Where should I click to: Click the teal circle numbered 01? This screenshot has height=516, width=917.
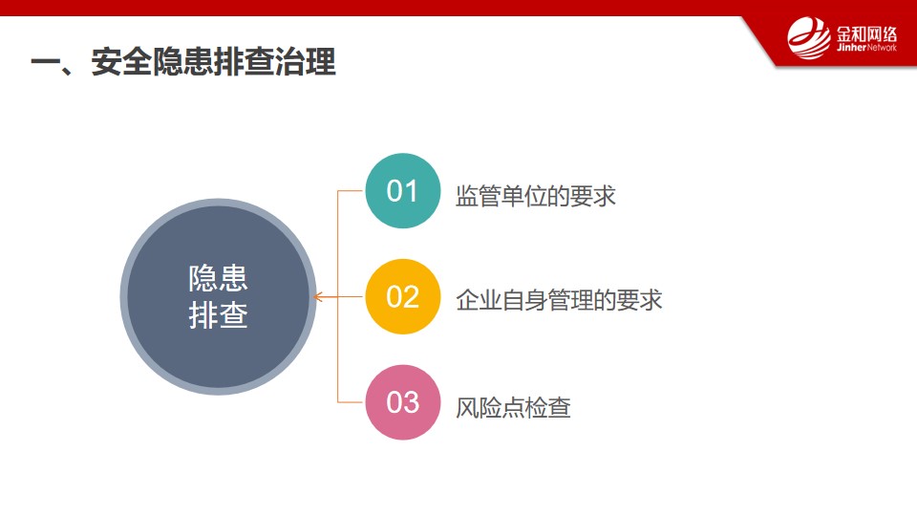402,191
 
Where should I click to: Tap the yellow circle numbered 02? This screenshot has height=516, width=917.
402,296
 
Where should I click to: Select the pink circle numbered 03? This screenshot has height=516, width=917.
402,402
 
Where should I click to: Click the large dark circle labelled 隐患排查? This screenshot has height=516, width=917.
218,296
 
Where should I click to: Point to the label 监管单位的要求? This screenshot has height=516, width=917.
536,196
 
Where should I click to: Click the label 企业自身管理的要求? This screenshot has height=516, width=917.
559,300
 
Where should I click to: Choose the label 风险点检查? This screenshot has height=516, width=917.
513,407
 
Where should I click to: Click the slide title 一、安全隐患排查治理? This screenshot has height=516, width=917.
183,61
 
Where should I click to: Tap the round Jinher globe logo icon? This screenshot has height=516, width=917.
809,38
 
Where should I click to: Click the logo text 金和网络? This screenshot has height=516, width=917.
866,34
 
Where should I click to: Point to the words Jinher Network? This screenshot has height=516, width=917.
866,48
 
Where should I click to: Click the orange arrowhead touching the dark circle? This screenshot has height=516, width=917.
317,297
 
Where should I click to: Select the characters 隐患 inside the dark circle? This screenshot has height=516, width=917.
218,278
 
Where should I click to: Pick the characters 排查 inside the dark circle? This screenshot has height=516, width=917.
218,315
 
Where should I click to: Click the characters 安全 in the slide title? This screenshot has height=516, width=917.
121,61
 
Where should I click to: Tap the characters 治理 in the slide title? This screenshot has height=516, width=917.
306,61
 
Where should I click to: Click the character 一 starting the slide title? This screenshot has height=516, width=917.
45,63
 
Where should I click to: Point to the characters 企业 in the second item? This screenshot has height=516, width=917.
479,300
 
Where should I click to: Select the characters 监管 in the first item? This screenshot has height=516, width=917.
479,196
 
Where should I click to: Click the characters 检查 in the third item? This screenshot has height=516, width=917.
548,407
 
